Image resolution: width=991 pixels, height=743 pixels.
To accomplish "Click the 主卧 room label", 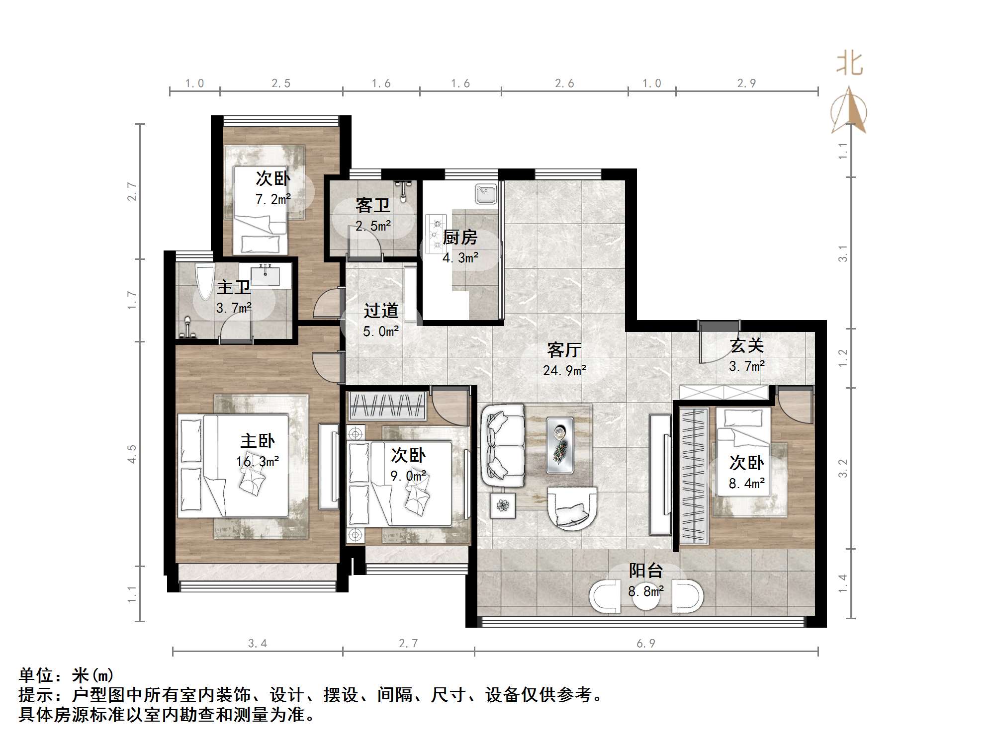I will coord(257,441).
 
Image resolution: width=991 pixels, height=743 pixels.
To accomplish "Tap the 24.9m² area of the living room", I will coord(564,371).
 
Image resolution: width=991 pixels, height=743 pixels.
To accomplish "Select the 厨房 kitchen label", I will coord(460,238).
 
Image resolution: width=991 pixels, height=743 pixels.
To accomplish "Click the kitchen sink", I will coord(485,194).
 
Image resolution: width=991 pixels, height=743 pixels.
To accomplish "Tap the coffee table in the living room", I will coord(559,445).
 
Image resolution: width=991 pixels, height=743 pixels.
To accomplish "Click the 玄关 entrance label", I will coord(746,345).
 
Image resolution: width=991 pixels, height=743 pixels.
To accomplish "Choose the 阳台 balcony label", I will coord(645,571).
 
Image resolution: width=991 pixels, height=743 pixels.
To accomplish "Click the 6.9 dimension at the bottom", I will coord(646,644).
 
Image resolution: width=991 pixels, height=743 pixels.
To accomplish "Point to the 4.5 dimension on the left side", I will coord(132,454).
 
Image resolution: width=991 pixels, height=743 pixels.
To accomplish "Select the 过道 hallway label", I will coord(380,311).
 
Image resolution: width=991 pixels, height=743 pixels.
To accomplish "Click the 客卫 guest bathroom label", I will coord(372,205).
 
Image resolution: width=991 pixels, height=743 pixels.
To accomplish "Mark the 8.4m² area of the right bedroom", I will coord(746,483).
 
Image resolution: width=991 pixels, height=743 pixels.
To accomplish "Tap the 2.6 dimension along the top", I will coord(564,83).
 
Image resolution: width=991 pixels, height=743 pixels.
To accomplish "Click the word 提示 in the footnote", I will coord(36,695).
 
